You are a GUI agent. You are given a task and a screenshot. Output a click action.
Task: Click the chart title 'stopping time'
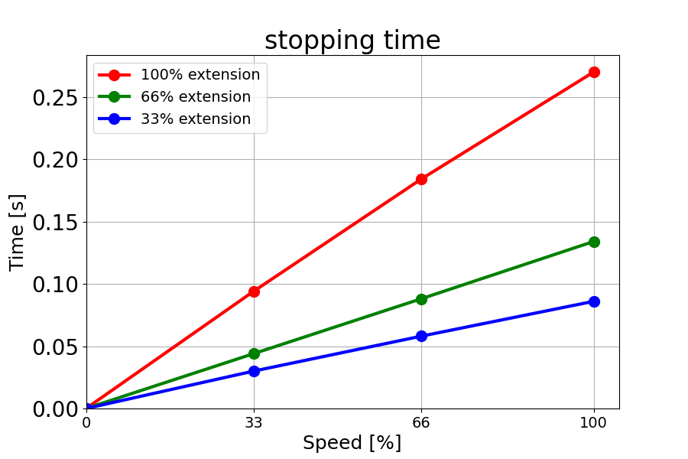[x=352, y=41]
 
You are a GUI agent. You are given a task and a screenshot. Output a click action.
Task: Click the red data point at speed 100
[x=594, y=72]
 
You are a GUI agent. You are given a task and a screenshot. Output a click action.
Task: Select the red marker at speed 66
[x=421, y=179]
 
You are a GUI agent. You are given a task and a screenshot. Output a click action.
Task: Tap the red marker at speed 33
[x=254, y=291]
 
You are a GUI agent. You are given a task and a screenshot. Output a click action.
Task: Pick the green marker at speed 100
[x=594, y=242]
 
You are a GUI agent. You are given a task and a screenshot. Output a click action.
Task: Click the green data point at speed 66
[x=421, y=299]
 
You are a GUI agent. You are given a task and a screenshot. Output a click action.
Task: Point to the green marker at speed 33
[x=254, y=353]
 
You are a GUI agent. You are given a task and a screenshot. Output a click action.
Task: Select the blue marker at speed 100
[x=594, y=301]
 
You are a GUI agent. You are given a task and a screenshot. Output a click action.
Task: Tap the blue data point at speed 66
[x=421, y=336]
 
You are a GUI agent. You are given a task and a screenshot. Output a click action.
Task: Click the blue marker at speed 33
[x=254, y=371]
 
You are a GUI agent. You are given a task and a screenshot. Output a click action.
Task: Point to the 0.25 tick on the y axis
[x=54, y=98]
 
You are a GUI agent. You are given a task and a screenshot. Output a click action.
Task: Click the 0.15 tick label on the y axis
[x=54, y=223]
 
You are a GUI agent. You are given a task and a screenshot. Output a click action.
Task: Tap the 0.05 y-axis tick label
[x=54, y=347]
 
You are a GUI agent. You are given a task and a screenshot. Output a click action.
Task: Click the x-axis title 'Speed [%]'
[x=352, y=443]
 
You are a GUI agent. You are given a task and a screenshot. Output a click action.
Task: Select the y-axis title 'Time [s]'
[x=18, y=232]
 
